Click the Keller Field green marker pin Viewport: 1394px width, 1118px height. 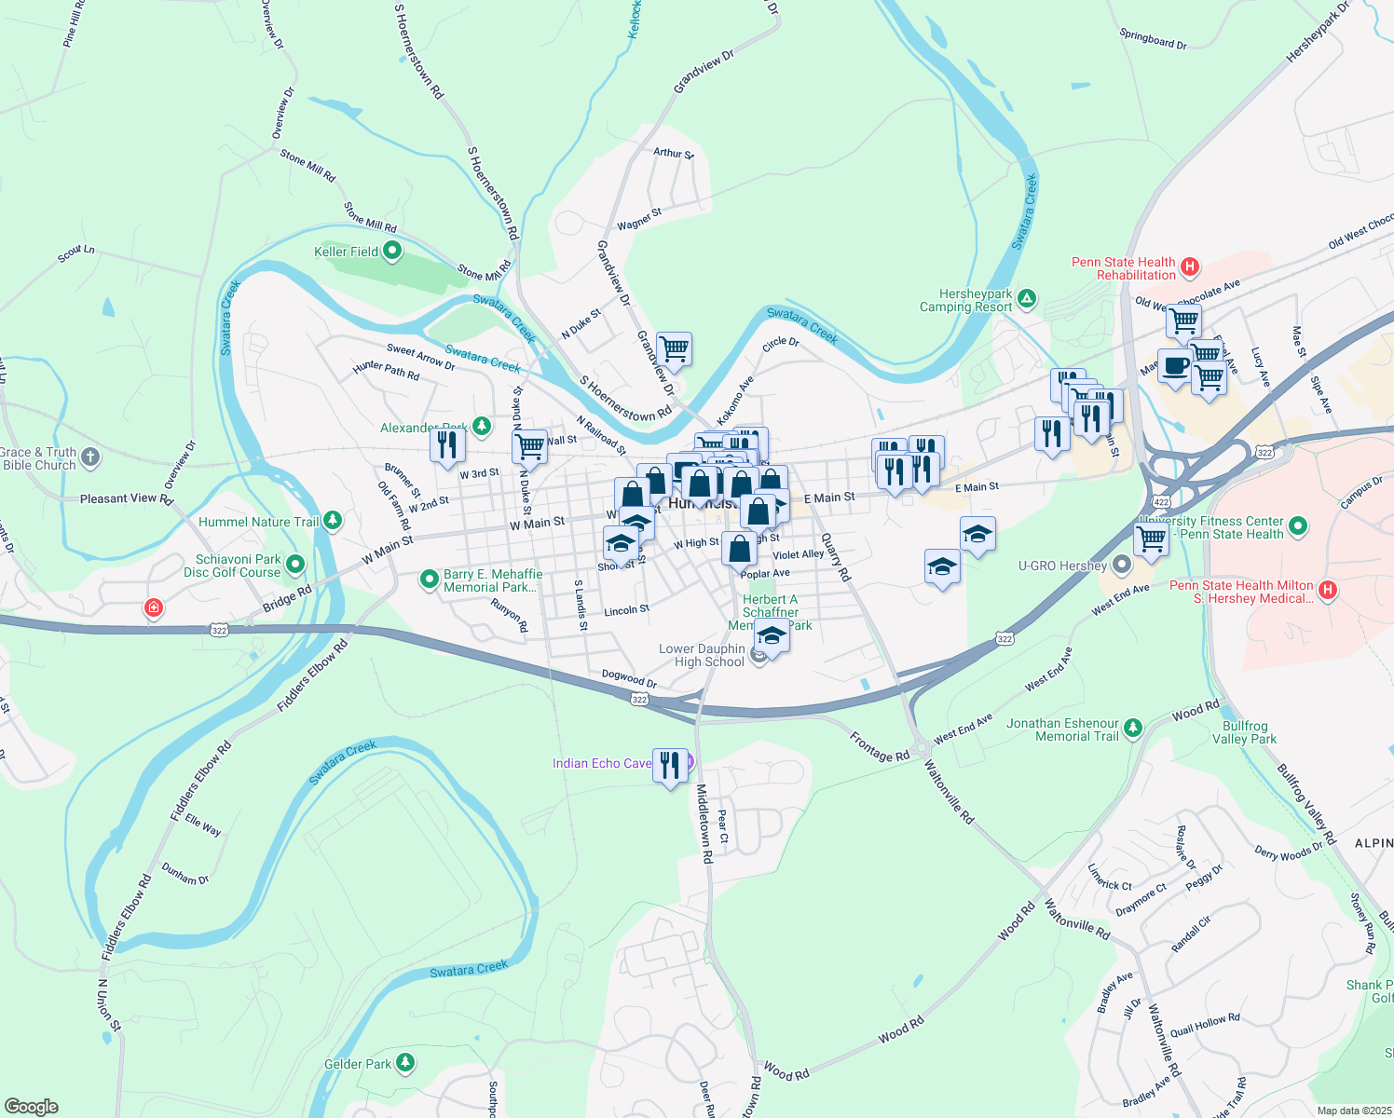coord(392,251)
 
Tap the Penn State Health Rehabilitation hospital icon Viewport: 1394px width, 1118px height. coord(1189,267)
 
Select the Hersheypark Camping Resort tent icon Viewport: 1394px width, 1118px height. coord(1027,299)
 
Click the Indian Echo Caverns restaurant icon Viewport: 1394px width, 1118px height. coord(671,766)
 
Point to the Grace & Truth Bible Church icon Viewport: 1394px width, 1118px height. coord(89,457)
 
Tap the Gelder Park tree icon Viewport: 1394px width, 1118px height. coord(404,1062)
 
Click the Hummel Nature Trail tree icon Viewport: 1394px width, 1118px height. coord(332,521)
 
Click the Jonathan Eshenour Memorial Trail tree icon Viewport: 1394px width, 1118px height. coord(1132,728)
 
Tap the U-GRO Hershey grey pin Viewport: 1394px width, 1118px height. coord(1122,565)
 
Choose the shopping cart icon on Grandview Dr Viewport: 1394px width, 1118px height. coord(674,350)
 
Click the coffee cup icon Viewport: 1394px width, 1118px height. coord(1175,366)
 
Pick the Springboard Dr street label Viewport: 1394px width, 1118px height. coord(1153,39)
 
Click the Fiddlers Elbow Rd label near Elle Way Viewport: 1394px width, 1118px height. coord(200,781)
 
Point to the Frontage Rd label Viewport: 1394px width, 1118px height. coord(879,747)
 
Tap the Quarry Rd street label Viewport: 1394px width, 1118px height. coord(836,557)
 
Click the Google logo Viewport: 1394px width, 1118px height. coord(31,1107)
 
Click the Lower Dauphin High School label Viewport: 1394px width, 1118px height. coord(702,655)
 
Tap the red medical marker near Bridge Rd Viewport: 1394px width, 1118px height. coord(154,608)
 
